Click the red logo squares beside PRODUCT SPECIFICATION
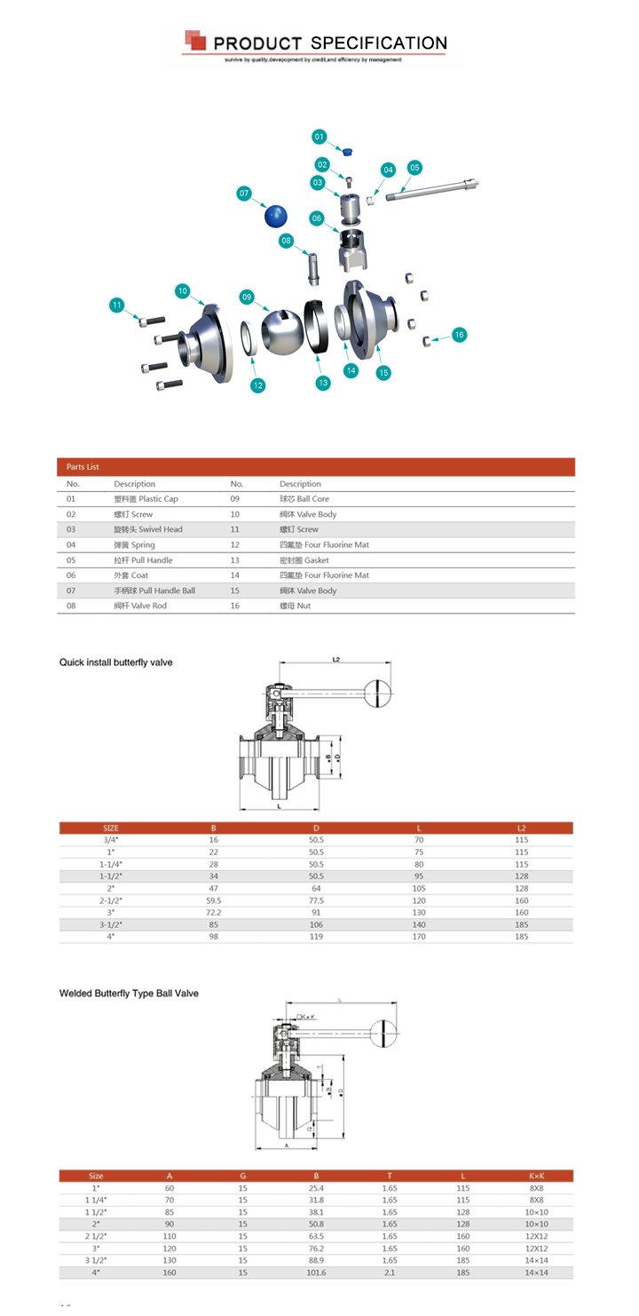pos(195,40)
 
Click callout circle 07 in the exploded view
pos(245,193)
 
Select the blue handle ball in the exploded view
pos(278,216)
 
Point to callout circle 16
pos(459,335)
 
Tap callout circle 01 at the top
pos(319,136)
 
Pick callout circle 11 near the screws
pos(116,305)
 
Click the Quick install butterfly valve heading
pos(115,662)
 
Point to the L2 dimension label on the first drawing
pos(336,659)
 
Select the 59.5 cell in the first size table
pos(213,900)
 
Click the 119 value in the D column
pos(316,936)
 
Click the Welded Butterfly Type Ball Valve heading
pos(129,993)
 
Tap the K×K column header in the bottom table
pos(538,1176)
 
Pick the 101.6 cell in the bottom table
pos(316,1272)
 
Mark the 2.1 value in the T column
pos(390,1272)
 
